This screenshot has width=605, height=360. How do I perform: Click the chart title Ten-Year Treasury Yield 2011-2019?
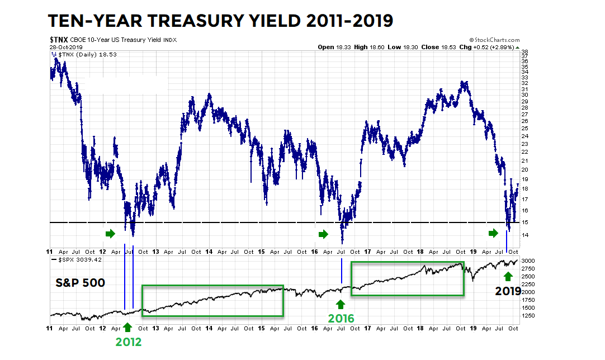[220, 21]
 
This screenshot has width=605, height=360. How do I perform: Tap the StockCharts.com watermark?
[494, 40]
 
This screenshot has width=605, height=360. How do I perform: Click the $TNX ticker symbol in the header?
[59, 40]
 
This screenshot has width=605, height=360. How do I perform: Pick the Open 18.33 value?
[334, 48]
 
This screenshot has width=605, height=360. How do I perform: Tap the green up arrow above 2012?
[127, 326]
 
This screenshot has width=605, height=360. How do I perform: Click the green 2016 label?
[341, 319]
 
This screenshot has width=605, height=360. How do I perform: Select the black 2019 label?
[508, 291]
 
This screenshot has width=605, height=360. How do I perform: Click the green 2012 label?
[128, 342]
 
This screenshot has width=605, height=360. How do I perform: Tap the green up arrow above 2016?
[340, 304]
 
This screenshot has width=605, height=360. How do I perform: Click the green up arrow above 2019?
[508, 276]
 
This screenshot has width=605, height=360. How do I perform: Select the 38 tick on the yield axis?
[525, 52]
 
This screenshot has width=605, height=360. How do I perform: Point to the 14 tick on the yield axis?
[525, 235]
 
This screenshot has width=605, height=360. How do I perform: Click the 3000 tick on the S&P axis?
[528, 261]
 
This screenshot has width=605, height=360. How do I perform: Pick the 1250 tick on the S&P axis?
[528, 315]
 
